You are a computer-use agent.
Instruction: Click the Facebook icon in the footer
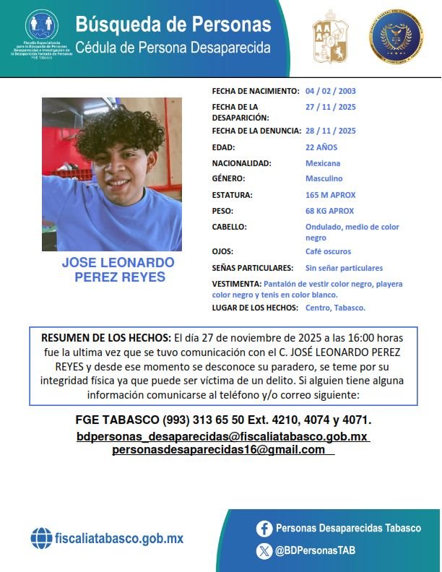[x=264, y=529]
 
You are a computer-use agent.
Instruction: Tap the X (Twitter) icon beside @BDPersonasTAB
[x=264, y=550]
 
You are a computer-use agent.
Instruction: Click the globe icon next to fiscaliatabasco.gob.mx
[x=41, y=538]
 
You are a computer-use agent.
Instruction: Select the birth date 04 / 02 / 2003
[x=331, y=92]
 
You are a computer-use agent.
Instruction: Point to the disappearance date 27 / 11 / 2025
[x=331, y=107]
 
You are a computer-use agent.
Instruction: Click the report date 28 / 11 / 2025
[x=331, y=131]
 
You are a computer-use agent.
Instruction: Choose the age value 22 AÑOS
[x=321, y=147]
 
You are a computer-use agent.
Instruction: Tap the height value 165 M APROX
[x=331, y=195]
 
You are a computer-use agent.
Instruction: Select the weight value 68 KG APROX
[x=330, y=211]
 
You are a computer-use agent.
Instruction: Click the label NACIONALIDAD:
[x=242, y=163]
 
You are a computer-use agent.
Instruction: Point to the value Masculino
[x=324, y=178]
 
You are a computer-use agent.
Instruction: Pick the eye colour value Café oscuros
[x=329, y=251]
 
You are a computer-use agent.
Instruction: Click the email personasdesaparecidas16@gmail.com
[x=219, y=450]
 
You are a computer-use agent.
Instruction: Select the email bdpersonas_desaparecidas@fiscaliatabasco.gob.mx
[x=223, y=437]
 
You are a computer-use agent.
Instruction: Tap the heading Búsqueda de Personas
[x=173, y=25]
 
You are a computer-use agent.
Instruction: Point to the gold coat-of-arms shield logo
[x=330, y=37]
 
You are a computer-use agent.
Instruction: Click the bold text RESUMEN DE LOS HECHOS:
[x=106, y=338]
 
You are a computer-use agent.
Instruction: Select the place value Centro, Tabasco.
[x=335, y=308]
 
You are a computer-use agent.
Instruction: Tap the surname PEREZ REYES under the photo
[x=120, y=277]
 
